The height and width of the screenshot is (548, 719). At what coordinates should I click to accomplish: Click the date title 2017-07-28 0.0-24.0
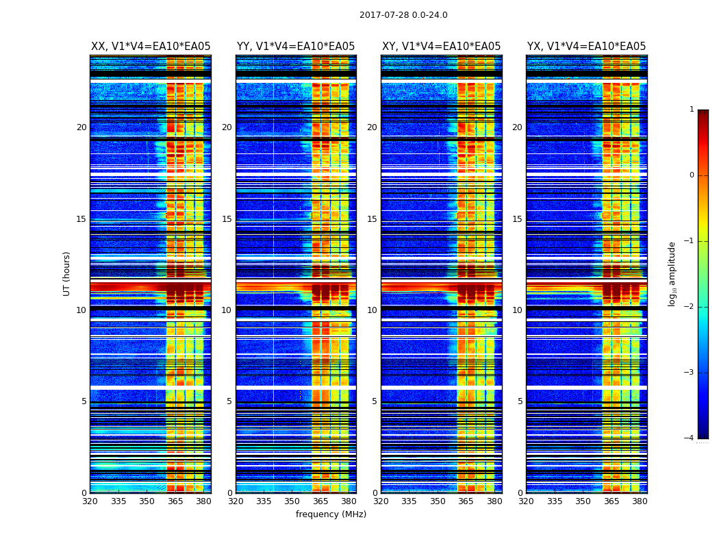403,15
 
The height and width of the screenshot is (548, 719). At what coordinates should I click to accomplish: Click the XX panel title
151,47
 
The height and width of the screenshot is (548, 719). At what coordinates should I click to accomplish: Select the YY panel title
296,47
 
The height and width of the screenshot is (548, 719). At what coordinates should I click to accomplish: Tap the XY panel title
441,47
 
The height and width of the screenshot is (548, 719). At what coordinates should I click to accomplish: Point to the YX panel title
586,47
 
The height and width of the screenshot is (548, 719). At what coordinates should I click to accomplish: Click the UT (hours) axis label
66,273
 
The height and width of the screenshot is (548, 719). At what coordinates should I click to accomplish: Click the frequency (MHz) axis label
331,514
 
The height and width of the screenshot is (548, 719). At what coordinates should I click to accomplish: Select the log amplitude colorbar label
672,273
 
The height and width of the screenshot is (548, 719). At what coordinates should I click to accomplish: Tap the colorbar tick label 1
692,110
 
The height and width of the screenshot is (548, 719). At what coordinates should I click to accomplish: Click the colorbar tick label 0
692,175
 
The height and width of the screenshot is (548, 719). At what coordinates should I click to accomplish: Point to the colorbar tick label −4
690,438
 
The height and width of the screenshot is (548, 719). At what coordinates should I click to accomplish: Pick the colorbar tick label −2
690,307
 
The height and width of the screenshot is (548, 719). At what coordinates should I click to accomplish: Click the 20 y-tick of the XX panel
81,127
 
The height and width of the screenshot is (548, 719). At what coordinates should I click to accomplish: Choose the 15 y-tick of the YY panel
227,219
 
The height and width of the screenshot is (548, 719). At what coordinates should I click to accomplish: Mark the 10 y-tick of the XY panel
372,310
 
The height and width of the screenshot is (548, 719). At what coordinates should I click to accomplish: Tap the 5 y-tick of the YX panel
520,401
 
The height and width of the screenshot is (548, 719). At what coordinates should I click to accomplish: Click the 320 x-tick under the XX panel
90,501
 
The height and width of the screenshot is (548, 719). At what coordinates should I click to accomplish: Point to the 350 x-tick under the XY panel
438,501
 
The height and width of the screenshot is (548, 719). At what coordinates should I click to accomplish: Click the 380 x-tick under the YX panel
640,501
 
